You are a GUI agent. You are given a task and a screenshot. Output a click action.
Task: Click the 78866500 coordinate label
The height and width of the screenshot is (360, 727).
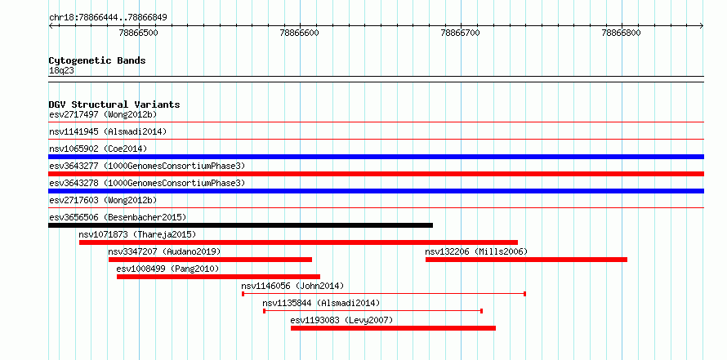(139, 33)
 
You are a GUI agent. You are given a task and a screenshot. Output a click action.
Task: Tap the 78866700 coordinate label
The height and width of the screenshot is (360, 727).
(461, 33)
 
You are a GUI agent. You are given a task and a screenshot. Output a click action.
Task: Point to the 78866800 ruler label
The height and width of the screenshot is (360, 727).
(622, 33)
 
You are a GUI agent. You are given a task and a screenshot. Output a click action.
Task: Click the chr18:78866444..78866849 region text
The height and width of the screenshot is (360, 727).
(108, 18)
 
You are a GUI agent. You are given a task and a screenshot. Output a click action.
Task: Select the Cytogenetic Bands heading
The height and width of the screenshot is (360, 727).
(97, 60)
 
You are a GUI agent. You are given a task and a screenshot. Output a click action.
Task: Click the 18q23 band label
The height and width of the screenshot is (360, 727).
(61, 71)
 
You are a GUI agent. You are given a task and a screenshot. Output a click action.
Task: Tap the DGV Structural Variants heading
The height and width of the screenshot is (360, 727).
(114, 104)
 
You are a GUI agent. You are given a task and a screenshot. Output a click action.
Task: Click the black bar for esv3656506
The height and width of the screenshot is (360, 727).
(240, 225)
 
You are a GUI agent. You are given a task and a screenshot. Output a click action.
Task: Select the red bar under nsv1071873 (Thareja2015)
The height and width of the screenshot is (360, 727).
(298, 242)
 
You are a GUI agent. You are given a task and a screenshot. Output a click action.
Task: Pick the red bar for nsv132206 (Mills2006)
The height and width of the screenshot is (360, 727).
(526, 260)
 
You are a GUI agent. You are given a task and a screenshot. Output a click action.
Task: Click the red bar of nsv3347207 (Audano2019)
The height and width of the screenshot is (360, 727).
(210, 260)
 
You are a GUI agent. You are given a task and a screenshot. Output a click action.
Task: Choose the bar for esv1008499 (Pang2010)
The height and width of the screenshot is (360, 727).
(218, 277)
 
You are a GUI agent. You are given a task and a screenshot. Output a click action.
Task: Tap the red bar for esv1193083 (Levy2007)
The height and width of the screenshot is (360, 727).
(393, 328)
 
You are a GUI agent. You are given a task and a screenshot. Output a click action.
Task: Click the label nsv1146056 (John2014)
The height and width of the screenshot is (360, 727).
(292, 286)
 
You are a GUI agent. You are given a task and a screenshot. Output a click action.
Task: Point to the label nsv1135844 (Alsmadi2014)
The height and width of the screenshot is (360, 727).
(321, 303)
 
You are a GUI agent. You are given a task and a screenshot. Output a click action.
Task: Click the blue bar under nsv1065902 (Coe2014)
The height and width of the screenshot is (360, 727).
(376, 157)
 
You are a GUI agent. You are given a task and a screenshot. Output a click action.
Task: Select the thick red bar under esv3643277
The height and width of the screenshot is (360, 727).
(376, 174)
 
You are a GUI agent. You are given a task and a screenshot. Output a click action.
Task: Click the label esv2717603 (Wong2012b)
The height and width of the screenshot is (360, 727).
(103, 200)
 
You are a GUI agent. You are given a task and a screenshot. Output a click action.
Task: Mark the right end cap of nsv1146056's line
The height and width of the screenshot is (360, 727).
(524, 294)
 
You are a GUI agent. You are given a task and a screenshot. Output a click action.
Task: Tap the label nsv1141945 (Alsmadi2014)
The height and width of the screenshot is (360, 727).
(108, 131)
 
